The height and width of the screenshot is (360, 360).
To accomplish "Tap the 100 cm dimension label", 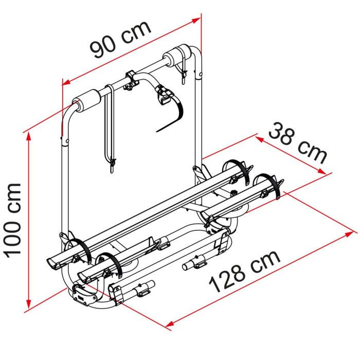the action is [x=13, y=221].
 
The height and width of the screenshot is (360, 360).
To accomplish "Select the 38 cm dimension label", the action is [x=298, y=143].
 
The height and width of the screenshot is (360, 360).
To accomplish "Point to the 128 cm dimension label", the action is [x=245, y=272].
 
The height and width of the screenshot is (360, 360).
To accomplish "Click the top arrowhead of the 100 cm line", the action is [x=28, y=137].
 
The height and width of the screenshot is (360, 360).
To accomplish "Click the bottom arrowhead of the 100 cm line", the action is [x=28, y=304].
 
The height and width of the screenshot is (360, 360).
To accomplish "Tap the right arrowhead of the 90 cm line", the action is [x=196, y=20].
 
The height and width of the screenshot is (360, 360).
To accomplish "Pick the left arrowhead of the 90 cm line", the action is [x=66, y=82].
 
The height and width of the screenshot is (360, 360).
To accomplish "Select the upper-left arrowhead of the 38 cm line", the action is [x=259, y=139].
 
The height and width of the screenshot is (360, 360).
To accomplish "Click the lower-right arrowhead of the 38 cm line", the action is [x=322, y=171].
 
